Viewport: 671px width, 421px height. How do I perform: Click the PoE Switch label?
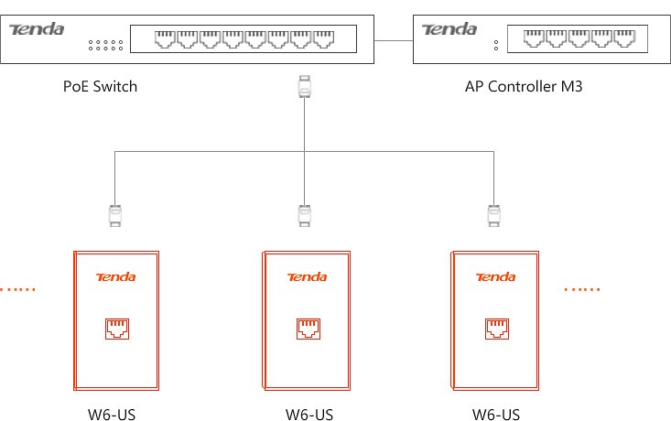pos(100,86)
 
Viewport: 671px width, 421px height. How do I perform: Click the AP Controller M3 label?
pos(524,86)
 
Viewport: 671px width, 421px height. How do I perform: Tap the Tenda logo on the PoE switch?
pos(37,29)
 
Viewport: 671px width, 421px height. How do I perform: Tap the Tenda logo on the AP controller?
pos(449,29)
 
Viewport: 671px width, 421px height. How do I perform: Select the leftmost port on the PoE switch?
pos(165,39)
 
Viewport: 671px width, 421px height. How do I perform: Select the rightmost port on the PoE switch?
pos(323,39)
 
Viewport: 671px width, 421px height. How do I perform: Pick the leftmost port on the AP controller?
pos(534,38)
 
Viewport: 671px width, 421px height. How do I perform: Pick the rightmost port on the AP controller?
pos(625,38)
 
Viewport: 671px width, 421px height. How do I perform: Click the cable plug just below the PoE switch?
pos(304,86)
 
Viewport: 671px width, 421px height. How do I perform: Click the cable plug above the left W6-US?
pos(115,216)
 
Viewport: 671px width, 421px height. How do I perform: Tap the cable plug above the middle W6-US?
pos(304,216)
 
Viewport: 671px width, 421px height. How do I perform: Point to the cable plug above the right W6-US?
pos(493,216)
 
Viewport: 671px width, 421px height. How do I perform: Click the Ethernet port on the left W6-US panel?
pos(117,329)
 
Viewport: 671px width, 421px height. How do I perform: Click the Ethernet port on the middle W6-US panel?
pos(308,329)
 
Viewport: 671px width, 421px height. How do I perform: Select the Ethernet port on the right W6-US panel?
pos(497,329)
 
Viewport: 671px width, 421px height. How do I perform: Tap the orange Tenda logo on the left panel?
pos(116,277)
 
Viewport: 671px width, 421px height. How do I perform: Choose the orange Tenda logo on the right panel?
pos(495,277)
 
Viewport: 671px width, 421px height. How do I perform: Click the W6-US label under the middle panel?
pos(309,415)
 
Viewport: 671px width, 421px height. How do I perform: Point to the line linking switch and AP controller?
pos(394,41)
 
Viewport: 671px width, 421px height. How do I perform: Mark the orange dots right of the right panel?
pos(582,289)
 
